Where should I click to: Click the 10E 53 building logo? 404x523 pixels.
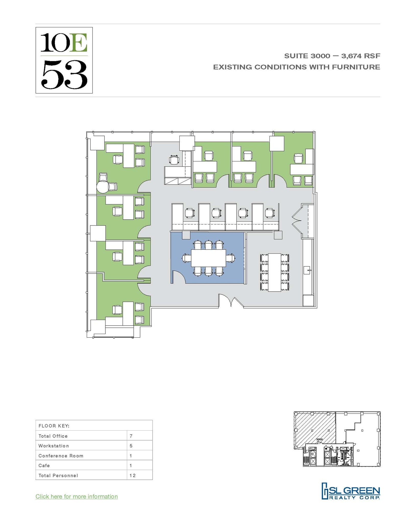coord(64,60)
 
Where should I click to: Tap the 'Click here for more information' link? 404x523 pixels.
coord(77,496)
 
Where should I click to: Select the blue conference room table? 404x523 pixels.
coord(208,258)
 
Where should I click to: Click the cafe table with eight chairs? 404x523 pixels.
coord(274,272)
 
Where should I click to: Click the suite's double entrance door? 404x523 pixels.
coord(231,301)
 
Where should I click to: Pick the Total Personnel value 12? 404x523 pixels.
coord(132,476)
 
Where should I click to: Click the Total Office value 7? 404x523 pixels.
coord(131,436)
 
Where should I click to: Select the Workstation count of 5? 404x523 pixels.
coord(131,446)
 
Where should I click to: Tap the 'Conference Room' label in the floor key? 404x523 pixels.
coord(61,456)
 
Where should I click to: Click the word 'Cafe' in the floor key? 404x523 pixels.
coord(44,466)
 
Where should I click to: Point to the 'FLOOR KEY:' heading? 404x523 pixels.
coord(54,426)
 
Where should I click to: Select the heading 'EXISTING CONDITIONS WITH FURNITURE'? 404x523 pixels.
coord(297,67)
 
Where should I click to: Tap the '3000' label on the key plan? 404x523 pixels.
coord(319,439)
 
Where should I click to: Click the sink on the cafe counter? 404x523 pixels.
coord(307,270)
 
